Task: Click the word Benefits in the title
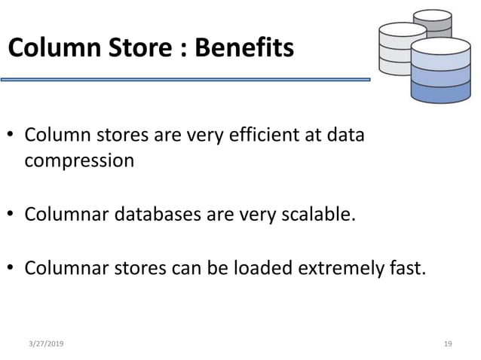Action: [244, 49]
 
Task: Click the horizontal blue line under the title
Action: [185, 78]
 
